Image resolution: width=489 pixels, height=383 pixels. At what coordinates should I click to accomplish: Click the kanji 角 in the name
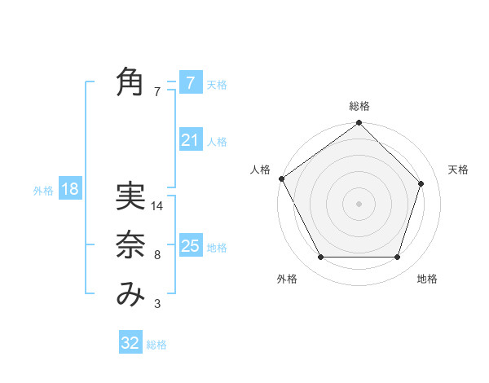tap(130, 82)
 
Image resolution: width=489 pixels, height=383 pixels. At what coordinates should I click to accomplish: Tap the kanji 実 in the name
tap(130, 197)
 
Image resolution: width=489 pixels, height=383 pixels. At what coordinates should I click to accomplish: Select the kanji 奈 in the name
tap(130, 246)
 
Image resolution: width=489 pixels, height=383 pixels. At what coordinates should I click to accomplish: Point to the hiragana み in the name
tap(130, 295)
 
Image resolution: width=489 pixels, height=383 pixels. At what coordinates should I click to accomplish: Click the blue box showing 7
tap(190, 83)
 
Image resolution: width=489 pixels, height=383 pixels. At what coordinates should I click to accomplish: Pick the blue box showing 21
tap(190, 140)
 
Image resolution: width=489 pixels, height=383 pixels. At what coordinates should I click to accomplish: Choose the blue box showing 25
tap(190, 246)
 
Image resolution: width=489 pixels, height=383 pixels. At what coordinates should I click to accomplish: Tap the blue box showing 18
tap(69, 190)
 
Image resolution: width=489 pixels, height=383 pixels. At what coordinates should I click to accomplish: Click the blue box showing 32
tap(130, 343)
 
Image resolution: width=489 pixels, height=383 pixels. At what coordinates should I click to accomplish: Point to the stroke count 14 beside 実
tap(158, 206)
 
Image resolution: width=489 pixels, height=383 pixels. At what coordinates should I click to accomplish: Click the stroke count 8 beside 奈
tap(156, 255)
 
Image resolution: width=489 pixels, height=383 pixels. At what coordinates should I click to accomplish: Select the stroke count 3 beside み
tap(156, 304)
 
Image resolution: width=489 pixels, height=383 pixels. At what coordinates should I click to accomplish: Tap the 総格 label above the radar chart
tap(359, 106)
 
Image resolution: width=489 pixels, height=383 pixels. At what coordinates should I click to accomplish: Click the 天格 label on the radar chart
tap(458, 169)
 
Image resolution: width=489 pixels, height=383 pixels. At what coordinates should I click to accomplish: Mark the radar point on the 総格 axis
tap(359, 124)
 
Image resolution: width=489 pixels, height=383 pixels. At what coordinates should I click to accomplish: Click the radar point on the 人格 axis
tap(281, 178)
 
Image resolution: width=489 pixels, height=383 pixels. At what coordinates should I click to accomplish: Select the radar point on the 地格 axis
tap(398, 258)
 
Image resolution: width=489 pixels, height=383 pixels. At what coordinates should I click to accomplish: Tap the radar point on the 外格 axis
tap(320, 258)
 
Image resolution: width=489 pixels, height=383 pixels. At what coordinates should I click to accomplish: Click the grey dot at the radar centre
tap(359, 203)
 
